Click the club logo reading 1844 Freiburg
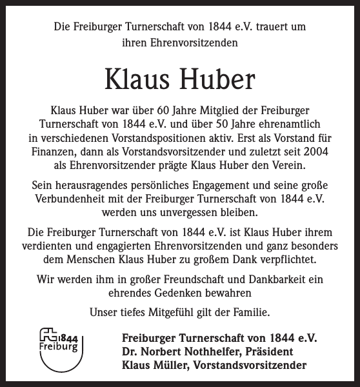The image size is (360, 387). [x=59, y=349]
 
